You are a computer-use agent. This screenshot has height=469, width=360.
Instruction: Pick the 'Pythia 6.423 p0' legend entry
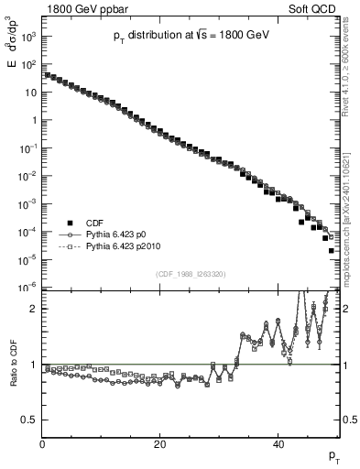pyautogui.click(x=118, y=234)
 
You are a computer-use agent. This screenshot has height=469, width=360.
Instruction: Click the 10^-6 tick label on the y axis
pyautogui.click(x=27, y=287)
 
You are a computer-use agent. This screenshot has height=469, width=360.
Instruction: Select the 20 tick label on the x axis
pyautogui.click(x=160, y=445)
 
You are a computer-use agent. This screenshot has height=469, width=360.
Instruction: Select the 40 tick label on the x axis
pyautogui.click(x=278, y=445)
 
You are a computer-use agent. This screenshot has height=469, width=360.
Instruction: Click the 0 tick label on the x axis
pyautogui.click(x=43, y=445)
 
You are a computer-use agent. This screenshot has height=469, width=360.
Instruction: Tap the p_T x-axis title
pyautogui.click(x=333, y=455)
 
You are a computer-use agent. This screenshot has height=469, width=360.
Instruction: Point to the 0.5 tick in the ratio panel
pyautogui.click(x=30, y=420)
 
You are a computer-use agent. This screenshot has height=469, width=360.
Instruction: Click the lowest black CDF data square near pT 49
pyautogui.click(x=332, y=250)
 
